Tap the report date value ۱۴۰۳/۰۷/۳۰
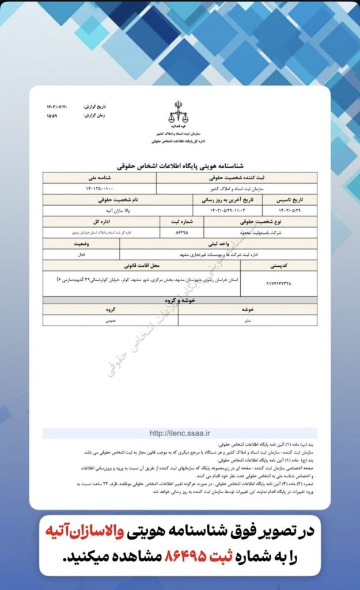click(58, 107)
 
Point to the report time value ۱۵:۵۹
click(53, 115)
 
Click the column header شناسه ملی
click(99, 178)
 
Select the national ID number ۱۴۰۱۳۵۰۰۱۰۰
click(99, 188)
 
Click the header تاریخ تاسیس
click(289, 199)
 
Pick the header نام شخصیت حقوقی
click(118, 199)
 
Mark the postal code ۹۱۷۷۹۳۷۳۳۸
click(278, 283)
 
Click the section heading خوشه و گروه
click(180, 300)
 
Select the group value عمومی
click(109, 320)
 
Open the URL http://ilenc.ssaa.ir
click(180, 433)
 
